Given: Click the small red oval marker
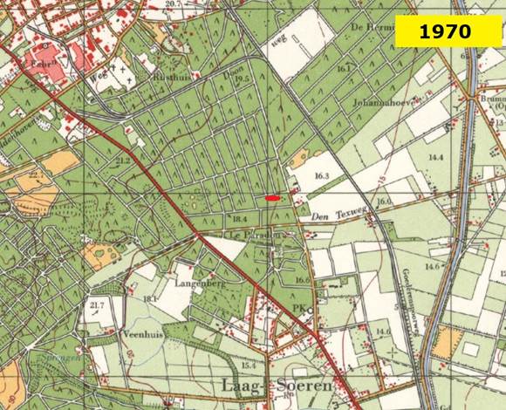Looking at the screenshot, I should coord(273,198).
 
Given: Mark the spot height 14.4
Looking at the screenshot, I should coord(434,157).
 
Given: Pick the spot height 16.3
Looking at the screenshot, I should coord(323,176).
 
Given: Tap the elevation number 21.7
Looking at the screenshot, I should coord(97,304).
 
